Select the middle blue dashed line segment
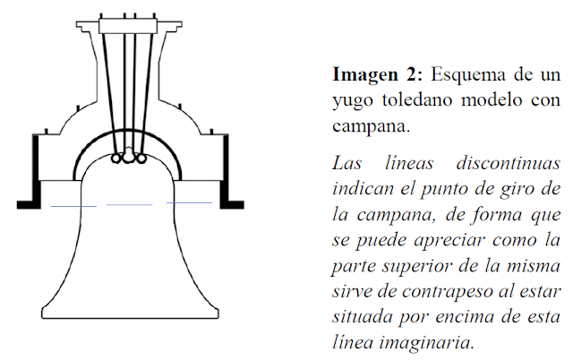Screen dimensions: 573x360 131,206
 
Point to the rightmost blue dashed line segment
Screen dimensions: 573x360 189,204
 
